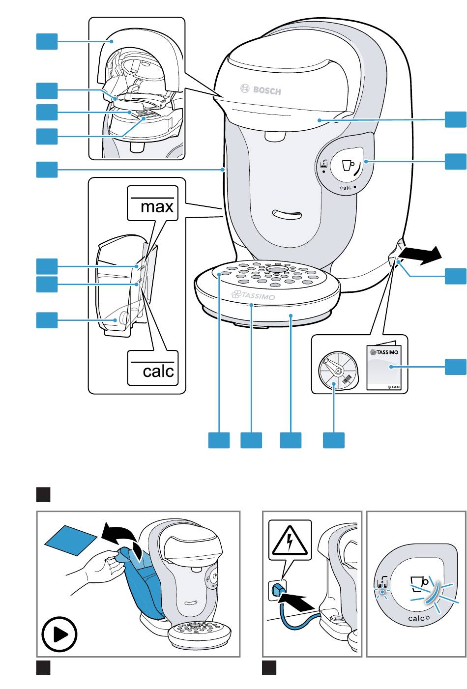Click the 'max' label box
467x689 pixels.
pos(152,203)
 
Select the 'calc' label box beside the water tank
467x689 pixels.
pos(153,368)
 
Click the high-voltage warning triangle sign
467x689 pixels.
pos(290,539)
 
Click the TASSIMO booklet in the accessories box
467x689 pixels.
pos(384,368)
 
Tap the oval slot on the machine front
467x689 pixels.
pos(288,214)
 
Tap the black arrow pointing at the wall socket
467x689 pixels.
pos(296,601)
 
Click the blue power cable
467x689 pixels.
pos(295,624)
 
